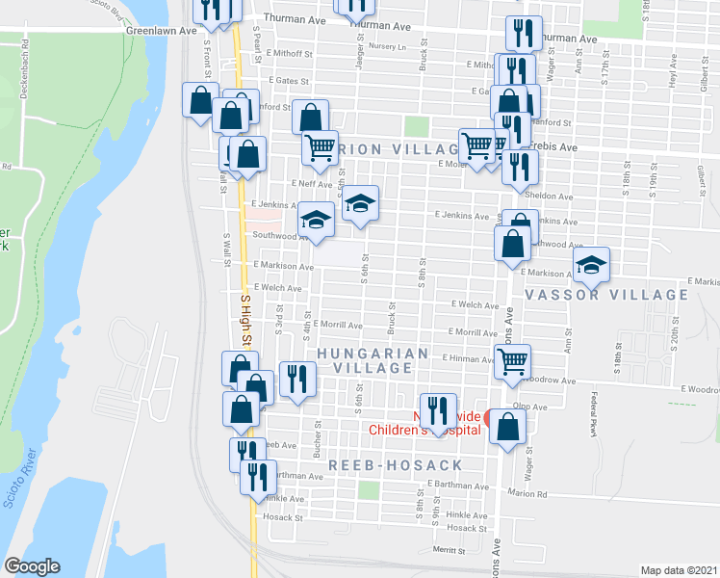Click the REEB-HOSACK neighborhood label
[x=396, y=465]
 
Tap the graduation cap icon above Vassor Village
[x=592, y=265]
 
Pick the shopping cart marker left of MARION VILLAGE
[x=320, y=148]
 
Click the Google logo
[x=32, y=565]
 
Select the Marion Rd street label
[x=528, y=495]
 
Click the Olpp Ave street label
[x=530, y=407]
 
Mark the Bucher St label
[x=317, y=439]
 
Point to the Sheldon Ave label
[x=549, y=196]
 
